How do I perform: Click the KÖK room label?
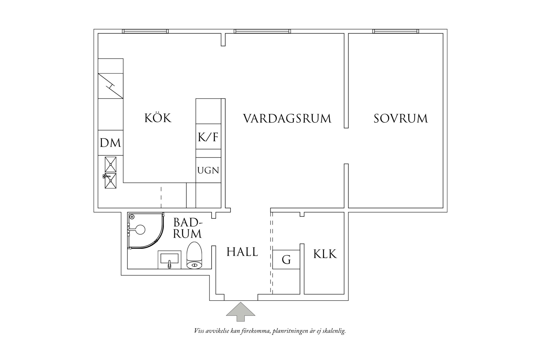tap(158, 118)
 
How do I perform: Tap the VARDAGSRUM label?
tap(287, 118)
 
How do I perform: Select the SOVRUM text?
tap(400, 118)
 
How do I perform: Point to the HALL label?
tap(242, 252)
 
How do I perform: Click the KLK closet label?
tap(325, 254)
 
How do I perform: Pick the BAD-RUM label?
tap(187, 228)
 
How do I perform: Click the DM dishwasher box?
tap(110, 143)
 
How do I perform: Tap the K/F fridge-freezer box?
tap(208, 137)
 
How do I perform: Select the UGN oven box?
tap(208, 170)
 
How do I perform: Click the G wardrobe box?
tap(286, 260)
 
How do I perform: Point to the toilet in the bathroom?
tap(194, 256)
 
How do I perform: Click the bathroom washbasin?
tap(170, 260)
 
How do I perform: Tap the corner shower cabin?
tap(144, 230)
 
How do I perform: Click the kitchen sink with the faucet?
tap(110, 173)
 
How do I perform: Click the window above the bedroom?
tap(396, 31)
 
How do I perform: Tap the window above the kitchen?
tap(145, 31)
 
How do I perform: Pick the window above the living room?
tap(262, 31)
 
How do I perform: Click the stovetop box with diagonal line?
tap(110, 86)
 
